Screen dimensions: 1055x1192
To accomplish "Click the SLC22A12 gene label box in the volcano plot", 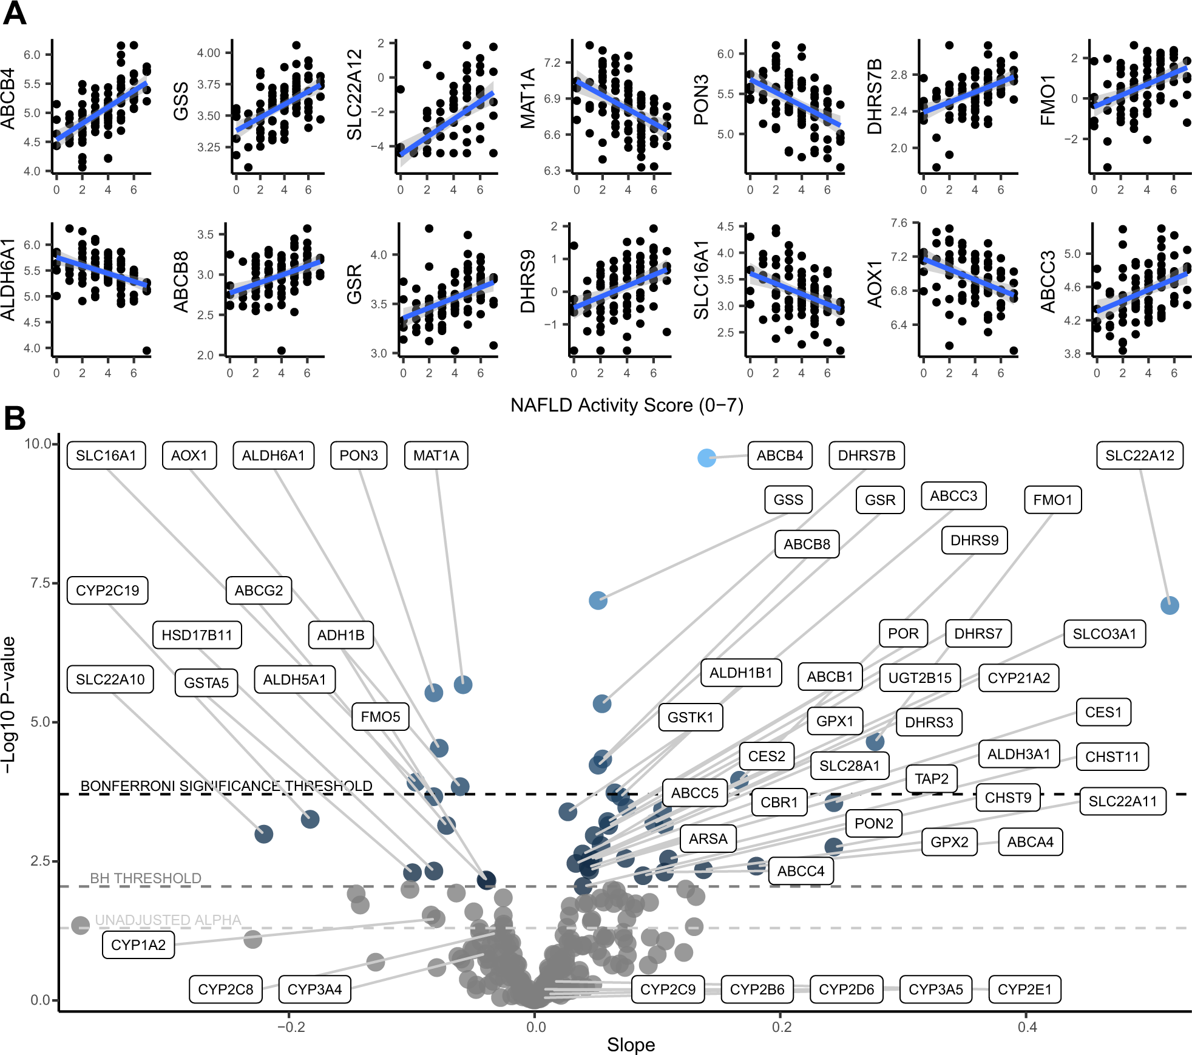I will pos(1139,455).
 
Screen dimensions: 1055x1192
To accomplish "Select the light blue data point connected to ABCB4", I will pos(706,458).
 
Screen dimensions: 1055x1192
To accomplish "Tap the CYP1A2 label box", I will pos(138,945).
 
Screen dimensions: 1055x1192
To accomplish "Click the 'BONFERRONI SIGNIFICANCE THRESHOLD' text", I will pos(226,786).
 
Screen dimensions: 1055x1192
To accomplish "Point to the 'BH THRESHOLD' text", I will pos(146,878).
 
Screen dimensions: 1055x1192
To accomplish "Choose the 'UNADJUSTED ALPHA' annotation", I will pos(168,920).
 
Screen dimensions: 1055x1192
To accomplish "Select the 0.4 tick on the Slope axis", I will pos(1027,1026).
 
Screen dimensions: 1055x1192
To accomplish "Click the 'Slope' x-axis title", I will pos(631,1045).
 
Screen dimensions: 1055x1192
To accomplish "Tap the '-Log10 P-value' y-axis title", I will pos(9,704).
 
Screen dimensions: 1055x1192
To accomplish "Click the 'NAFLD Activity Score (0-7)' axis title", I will pos(626,405).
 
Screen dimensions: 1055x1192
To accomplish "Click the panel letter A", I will pos(15,13).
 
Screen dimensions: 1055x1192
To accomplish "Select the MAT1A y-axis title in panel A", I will pos(527,98).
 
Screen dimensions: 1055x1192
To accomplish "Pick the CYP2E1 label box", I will pos(1024,989).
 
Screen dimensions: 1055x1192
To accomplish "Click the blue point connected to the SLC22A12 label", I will pos(1170,605).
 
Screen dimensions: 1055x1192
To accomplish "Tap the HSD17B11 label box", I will pos(197,635).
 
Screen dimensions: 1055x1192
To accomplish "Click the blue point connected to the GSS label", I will pos(598,600).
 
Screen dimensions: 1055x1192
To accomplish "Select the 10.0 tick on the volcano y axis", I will pos(38,444).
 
